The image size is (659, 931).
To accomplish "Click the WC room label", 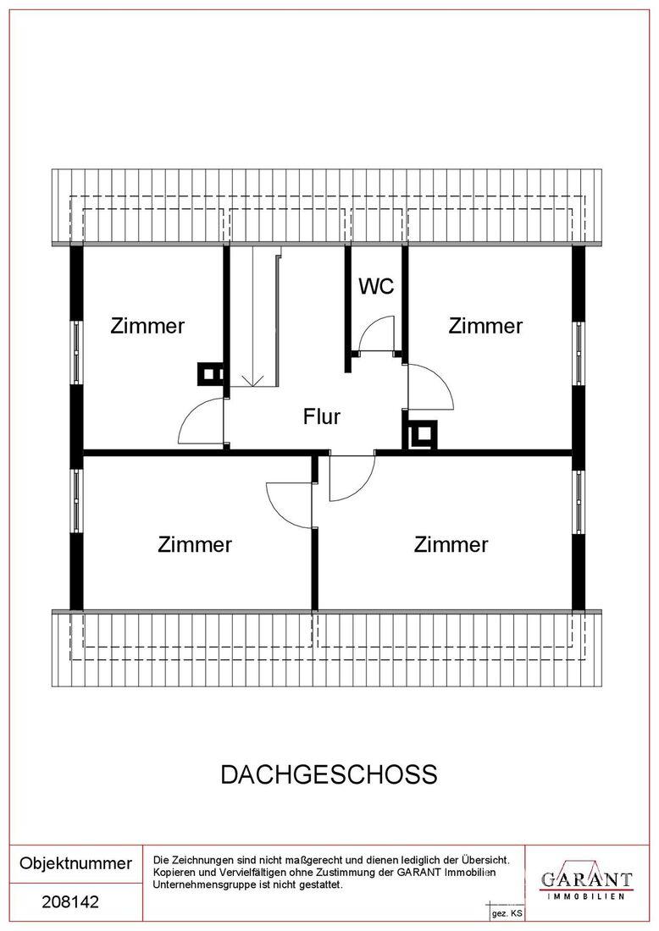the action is [x=376, y=286].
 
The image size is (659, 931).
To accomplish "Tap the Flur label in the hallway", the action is [x=322, y=416].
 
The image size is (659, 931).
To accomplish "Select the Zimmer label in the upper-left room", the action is [x=147, y=326].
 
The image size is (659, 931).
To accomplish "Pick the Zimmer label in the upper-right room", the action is [x=485, y=326].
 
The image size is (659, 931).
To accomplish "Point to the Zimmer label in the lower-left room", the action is [x=195, y=544].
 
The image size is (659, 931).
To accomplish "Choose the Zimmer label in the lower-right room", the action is [x=451, y=544].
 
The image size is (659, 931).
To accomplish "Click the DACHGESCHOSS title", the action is [x=329, y=774].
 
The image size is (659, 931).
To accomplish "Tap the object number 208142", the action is [x=70, y=902].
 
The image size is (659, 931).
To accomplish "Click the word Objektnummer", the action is [x=75, y=862].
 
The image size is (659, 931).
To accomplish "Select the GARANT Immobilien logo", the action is [x=586, y=881].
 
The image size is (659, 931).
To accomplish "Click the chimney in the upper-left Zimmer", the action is [x=211, y=374].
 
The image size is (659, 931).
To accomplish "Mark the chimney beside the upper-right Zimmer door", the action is [x=423, y=435].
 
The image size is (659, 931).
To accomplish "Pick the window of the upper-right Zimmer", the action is [x=579, y=354].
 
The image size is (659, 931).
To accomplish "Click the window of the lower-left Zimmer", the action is [x=76, y=500].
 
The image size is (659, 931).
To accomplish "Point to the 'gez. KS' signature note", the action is [x=507, y=913].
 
